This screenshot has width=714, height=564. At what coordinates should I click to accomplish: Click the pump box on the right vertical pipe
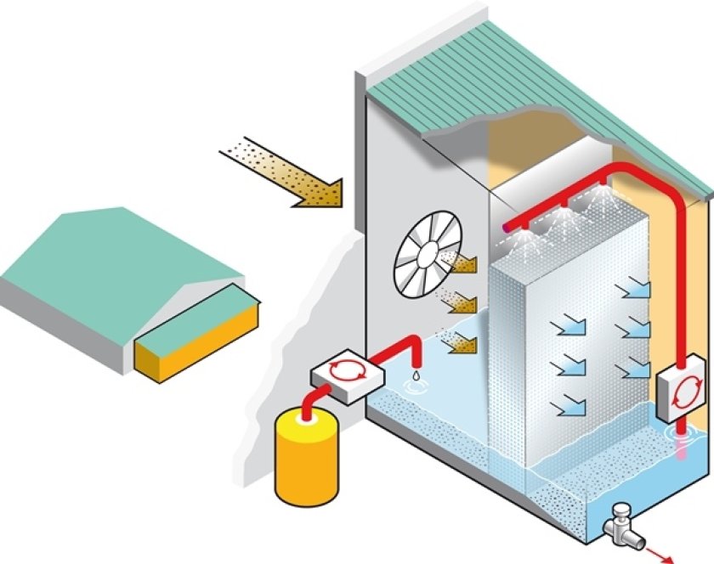pos(681,392)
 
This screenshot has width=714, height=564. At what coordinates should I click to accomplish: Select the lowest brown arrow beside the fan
pos(460,344)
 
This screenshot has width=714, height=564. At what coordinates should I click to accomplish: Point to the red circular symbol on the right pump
pos(683,394)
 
